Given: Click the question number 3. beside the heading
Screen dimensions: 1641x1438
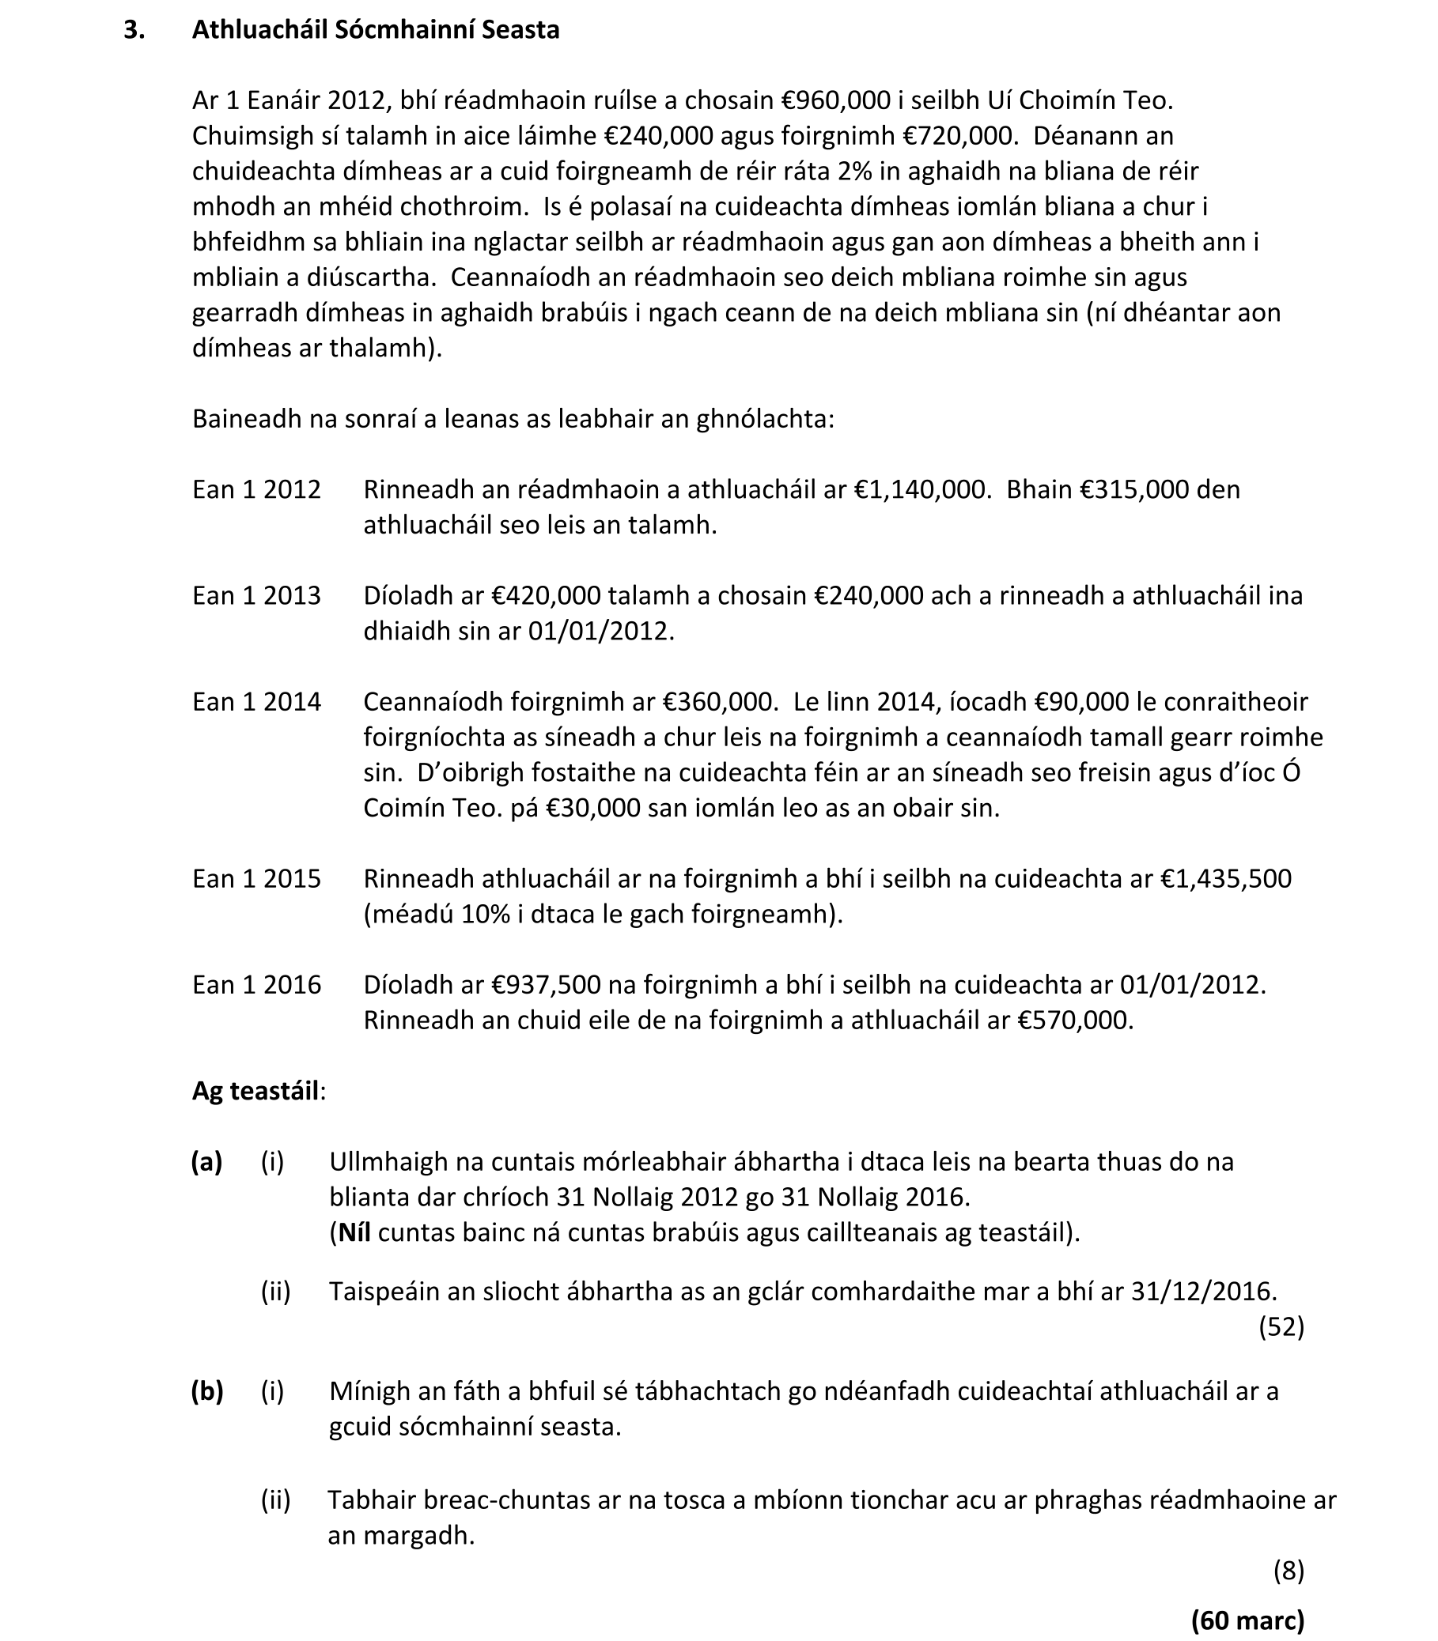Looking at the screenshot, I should click(x=134, y=30).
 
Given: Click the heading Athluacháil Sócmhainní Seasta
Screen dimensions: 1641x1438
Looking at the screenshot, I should click(x=376, y=30).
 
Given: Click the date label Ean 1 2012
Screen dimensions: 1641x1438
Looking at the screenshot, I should click(x=256, y=489).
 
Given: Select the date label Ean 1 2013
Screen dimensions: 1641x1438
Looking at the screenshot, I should click(x=256, y=595).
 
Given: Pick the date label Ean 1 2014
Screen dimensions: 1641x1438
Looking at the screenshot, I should click(x=256, y=702).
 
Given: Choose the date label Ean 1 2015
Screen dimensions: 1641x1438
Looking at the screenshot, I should click(x=256, y=878).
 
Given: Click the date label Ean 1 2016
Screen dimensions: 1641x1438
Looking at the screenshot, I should click(x=256, y=984).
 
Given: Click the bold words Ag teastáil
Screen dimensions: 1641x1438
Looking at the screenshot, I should click(x=255, y=1091).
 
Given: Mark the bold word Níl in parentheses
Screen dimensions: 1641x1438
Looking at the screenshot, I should click(x=354, y=1232).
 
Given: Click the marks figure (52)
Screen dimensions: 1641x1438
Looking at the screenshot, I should click(x=1281, y=1326).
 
